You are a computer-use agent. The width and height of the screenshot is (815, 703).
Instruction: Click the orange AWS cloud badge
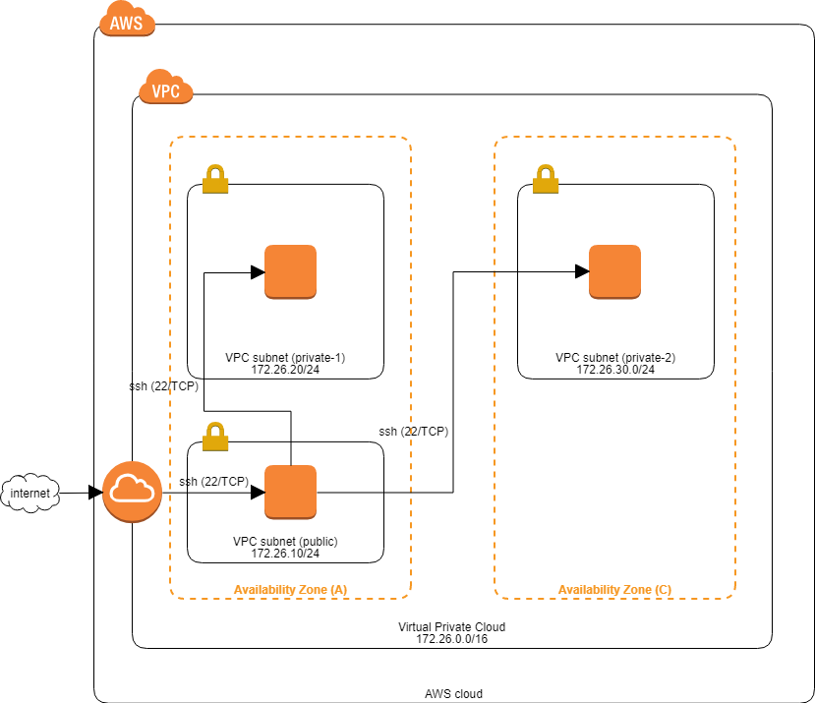tap(127, 21)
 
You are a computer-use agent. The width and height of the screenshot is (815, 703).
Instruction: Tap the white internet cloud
tap(30, 493)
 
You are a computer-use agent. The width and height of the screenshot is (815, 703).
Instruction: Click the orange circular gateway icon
tap(132, 491)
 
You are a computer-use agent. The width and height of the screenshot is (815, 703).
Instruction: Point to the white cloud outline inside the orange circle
tap(132, 488)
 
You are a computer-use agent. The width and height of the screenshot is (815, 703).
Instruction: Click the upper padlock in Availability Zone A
tap(215, 179)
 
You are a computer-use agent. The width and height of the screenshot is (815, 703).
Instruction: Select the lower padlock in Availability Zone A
tap(215, 437)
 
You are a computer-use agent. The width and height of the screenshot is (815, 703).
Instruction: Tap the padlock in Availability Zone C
tap(546, 179)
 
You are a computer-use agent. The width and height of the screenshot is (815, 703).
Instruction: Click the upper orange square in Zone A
tap(290, 271)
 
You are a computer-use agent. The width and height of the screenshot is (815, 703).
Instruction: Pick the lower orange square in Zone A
tap(290, 492)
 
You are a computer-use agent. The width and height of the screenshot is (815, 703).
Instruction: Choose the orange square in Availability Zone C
tap(614, 271)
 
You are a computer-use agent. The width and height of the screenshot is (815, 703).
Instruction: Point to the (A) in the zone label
tap(338, 590)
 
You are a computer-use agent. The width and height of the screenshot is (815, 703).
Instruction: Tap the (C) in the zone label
tap(664, 590)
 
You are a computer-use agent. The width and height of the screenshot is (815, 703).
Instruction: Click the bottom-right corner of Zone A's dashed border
tap(408, 596)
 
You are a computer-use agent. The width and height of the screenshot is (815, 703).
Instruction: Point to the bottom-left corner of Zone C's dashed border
tap(496, 596)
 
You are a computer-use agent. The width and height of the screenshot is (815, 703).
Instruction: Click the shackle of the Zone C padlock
tap(546, 171)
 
